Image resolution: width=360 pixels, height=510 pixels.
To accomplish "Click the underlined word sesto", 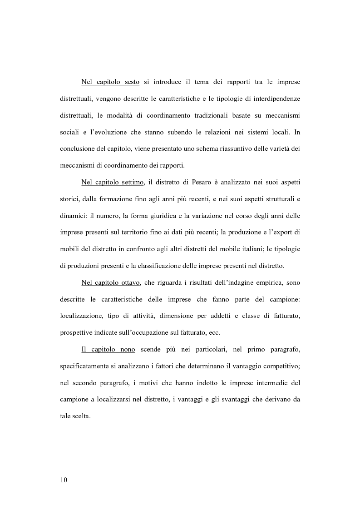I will tap(131, 82).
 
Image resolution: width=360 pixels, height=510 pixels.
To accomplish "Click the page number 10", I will tap(64, 480).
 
